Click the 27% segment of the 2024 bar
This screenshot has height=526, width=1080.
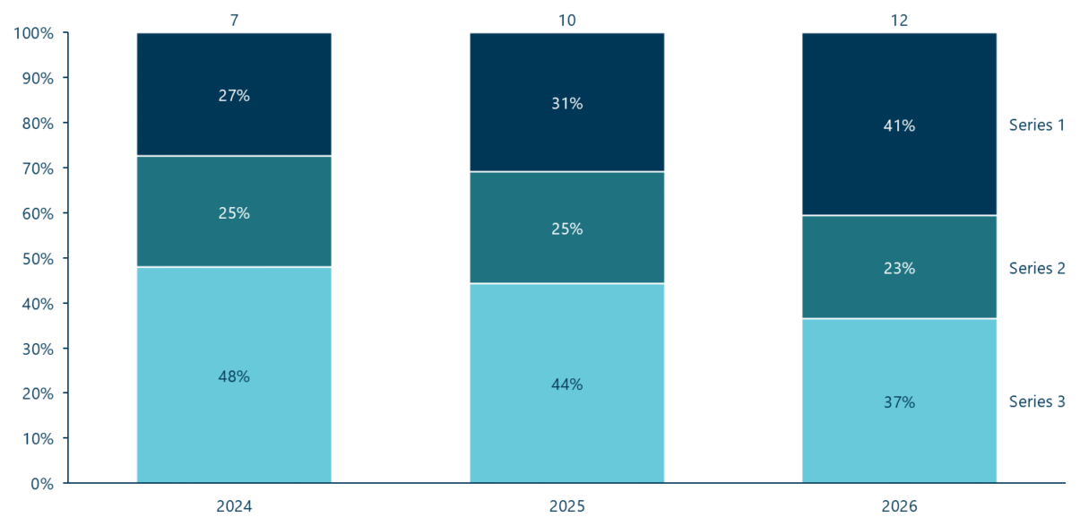tap(234, 94)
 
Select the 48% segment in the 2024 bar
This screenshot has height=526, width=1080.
tap(234, 375)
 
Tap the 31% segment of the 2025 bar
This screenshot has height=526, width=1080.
tap(567, 102)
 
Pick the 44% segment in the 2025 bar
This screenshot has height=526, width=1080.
tap(567, 383)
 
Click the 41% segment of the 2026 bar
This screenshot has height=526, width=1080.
tap(899, 124)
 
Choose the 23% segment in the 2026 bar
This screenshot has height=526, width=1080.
tap(899, 267)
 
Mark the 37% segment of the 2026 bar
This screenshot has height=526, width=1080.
tap(899, 401)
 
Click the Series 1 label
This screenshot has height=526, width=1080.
tap(1037, 125)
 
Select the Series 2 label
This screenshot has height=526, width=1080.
tap(1037, 268)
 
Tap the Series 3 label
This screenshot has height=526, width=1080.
tap(1037, 401)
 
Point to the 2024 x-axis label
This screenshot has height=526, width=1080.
tap(234, 505)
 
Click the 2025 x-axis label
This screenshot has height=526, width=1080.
tap(567, 505)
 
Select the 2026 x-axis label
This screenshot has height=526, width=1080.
tap(899, 505)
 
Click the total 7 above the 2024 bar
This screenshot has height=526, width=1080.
tap(234, 21)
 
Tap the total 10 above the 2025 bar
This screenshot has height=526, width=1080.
tap(567, 21)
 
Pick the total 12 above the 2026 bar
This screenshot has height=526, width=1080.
tap(899, 21)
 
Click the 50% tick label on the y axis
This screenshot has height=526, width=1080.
tap(38, 259)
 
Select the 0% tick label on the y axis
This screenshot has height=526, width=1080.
tap(42, 484)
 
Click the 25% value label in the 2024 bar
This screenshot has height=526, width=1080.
tap(234, 213)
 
